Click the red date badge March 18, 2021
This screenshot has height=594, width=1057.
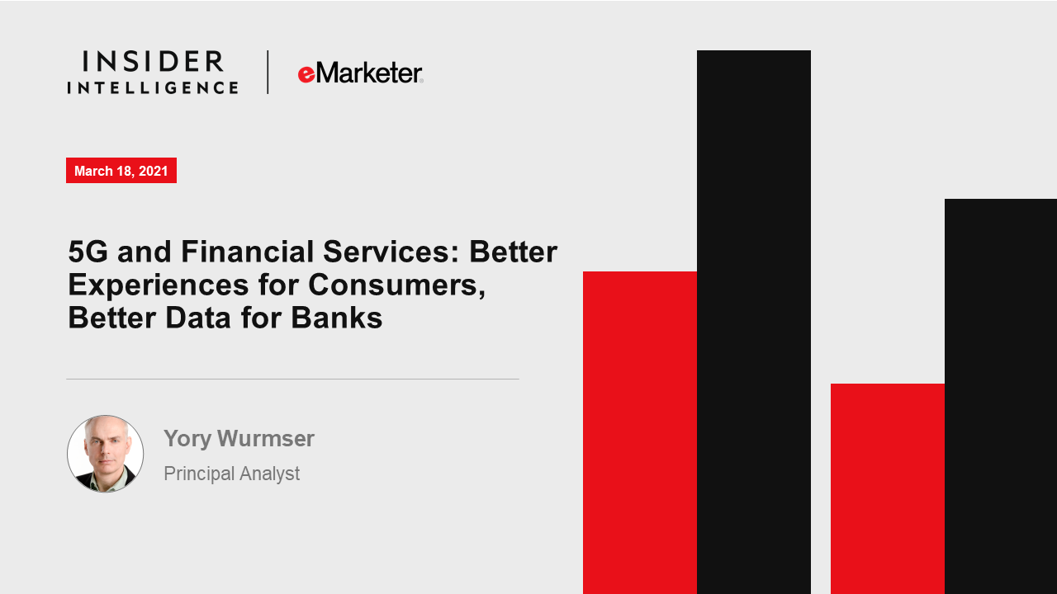121,170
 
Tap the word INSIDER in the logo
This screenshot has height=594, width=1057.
153,62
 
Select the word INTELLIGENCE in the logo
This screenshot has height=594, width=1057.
153,87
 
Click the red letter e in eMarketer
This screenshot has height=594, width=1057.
306,74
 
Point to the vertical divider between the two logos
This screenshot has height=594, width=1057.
268,72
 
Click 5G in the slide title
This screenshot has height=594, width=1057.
88,252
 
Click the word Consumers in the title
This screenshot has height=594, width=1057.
397,285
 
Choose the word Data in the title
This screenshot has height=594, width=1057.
198,318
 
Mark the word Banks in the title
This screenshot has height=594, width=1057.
336,318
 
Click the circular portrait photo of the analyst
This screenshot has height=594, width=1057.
105,454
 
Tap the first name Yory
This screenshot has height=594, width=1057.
187,439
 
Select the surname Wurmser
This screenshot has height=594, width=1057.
266,438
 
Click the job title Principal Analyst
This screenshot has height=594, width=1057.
232,474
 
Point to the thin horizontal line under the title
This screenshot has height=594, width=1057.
292,379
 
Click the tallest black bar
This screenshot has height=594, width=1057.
754,322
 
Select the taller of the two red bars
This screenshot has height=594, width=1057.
640,432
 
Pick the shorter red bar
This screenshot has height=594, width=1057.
888,488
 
